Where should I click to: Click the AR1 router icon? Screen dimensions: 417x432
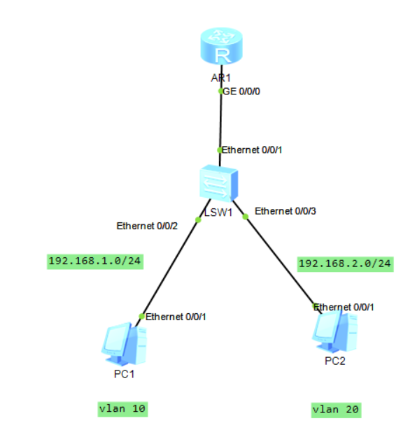[222, 45]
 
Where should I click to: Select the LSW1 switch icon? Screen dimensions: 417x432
[219, 183]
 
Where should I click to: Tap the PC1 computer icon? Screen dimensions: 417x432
[124, 344]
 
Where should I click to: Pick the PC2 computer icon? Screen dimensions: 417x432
[335, 332]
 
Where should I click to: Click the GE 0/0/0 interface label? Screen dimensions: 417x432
[241, 92]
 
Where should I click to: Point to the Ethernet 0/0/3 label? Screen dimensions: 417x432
[285, 211]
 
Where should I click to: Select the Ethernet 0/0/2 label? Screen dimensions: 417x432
[147, 226]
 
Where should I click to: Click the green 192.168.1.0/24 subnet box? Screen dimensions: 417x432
[95, 261]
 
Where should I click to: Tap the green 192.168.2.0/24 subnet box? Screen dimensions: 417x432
[346, 264]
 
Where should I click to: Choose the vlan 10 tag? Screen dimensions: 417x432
[122, 409]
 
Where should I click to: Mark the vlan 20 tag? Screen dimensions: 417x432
[337, 410]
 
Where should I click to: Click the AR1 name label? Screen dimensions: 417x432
[220, 78]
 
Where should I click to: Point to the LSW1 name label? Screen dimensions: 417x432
[218, 213]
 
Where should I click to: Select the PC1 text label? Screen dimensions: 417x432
[124, 374]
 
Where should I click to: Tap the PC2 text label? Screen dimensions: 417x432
[335, 361]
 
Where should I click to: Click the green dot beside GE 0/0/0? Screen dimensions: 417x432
[220, 91]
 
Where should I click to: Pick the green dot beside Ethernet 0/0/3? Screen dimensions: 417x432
[245, 217]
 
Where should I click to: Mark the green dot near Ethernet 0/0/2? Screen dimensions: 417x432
[198, 219]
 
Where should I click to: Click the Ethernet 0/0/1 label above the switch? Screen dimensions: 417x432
[252, 150]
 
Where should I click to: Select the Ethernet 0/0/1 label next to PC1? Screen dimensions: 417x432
[176, 317]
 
